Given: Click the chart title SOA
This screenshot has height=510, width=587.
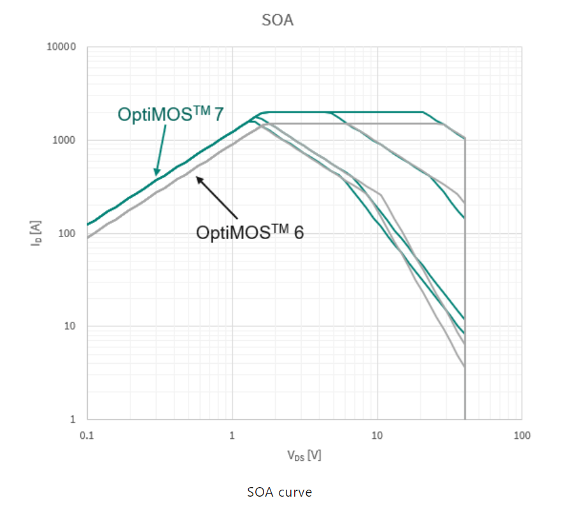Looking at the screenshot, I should coord(277,20).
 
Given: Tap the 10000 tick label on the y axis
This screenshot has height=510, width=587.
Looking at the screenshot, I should coord(62,47).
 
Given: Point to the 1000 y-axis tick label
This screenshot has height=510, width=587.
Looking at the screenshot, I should coord(65,141).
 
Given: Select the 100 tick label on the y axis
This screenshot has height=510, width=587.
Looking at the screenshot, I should coord(67,234).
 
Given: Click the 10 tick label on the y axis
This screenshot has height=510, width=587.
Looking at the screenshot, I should coord(70,327).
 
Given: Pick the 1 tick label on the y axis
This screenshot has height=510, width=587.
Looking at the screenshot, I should coord(73,420).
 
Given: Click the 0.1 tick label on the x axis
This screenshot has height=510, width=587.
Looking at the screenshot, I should coord(87,436).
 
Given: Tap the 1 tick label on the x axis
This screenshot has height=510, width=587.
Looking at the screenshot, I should coord(232,436).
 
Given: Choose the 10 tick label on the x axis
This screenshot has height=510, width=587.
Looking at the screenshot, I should coord(377,436).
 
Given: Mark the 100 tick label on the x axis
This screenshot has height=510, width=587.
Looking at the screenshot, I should coord(521,436).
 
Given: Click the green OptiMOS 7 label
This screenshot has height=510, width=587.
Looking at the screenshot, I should coord(170,114).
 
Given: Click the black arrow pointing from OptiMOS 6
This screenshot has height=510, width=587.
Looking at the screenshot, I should coord(216,197).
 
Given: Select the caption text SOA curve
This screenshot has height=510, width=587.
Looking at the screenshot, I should coord(279,492).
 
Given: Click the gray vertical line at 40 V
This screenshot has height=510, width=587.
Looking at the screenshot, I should coord(465,286).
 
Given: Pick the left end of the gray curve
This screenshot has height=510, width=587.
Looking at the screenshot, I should coord(89,237).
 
